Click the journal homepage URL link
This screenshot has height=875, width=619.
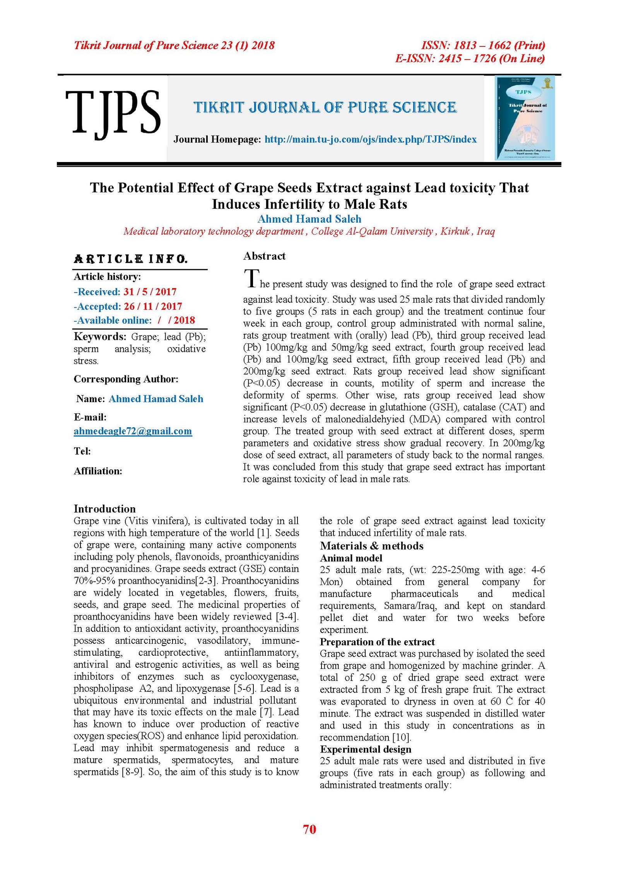point(370,140)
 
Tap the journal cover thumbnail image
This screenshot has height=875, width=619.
point(525,118)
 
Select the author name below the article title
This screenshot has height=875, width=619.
point(309,219)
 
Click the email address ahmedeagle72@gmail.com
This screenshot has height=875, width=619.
point(133,431)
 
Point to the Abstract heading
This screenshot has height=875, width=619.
point(264,256)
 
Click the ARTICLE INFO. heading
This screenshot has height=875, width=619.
point(131,259)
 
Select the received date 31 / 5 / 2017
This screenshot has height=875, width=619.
point(150,292)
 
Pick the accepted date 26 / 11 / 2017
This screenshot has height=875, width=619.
point(153,307)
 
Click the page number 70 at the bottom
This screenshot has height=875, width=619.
point(309,829)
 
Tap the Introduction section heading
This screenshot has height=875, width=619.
point(105,509)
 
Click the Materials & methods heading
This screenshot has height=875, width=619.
point(371,546)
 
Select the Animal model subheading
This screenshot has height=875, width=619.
point(351,558)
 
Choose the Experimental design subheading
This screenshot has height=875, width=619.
point(366,749)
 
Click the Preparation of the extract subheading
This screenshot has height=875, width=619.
point(377,642)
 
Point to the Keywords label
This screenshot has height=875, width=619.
point(100,336)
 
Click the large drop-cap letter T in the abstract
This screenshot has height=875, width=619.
point(251,278)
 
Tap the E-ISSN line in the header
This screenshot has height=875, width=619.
point(470,59)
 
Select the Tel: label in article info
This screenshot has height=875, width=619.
point(82,451)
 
